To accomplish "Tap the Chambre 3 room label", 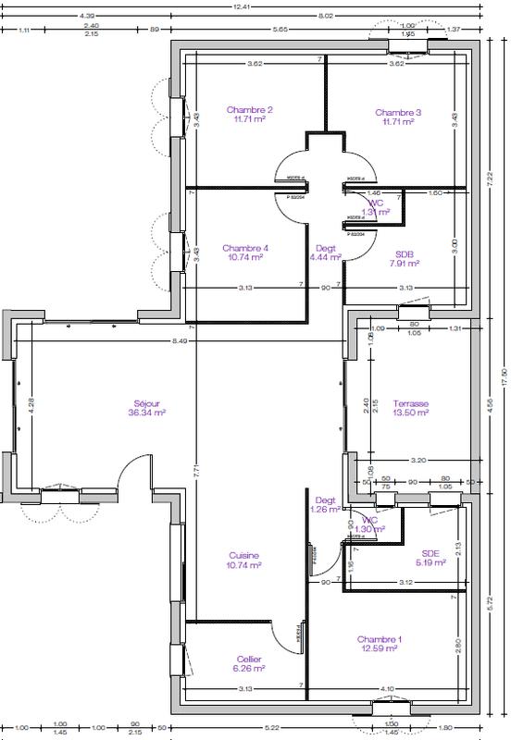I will point(399,112).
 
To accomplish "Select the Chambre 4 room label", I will point(245,248).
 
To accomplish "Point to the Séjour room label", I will point(146,403).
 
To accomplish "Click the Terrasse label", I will point(411,403).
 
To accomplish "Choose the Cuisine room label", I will point(245,555).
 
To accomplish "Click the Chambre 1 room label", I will point(380,639).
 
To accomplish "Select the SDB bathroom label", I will point(405,253).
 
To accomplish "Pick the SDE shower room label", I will point(430,552).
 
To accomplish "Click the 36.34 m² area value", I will point(146,413).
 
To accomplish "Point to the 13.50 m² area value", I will point(411,413).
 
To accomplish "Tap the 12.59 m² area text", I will point(380,649).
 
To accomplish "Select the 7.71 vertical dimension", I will point(195,470).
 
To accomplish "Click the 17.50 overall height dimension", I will point(503,373).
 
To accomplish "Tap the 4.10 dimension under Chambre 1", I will point(386,687).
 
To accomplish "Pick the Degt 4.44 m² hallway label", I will point(325,253).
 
